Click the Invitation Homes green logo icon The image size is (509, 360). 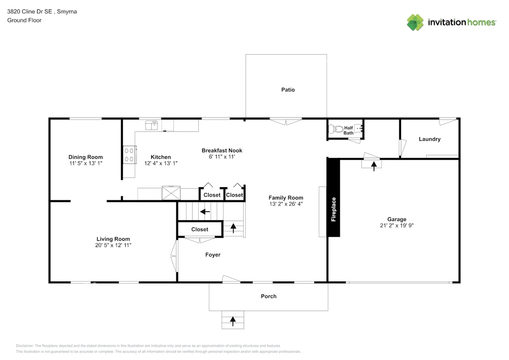tap(415, 22)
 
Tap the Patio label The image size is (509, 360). tap(288, 90)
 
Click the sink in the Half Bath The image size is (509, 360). tap(358, 128)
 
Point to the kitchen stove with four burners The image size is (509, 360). tap(129, 155)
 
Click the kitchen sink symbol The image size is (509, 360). tap(152, 125)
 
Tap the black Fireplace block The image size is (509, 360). tap(333, 198)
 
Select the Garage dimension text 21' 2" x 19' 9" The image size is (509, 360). tap(396, 226)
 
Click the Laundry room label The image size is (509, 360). tap(429, 139)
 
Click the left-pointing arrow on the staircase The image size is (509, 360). tap(205, 212)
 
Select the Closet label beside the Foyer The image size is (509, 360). tap(200, 229)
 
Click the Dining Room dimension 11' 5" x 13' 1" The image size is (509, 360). tap(85, 163)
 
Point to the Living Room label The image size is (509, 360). tap(113, 239)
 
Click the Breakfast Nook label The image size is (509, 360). tap(222, 150)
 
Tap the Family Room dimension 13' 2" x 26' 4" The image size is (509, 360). tap(286, 204)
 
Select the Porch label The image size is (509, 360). tap(269, 296)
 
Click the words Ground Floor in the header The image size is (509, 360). tap(24, 20)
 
